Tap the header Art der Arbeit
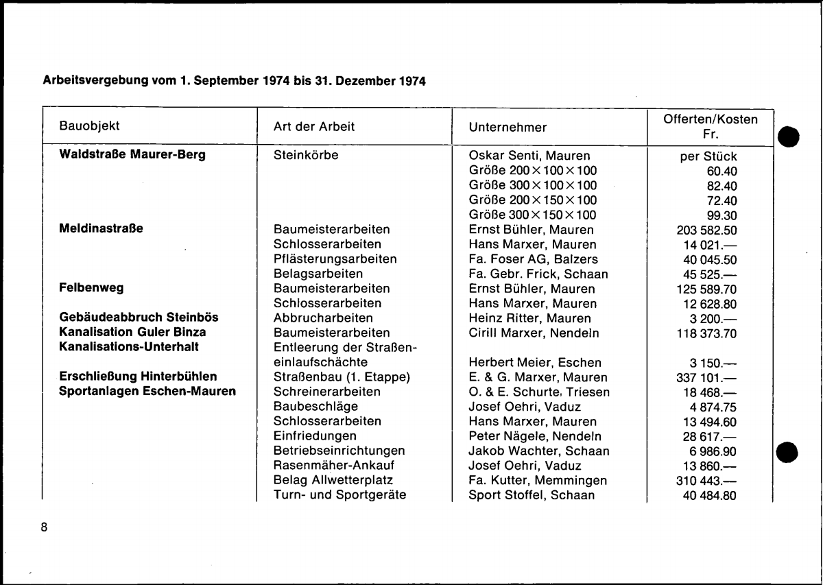pyautogui.click(x=314, y=127)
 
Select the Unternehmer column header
pyautogui.click(x=508, y=127)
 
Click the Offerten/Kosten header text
pyautogui.click(x=710, y=119)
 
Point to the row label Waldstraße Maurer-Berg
pyautogui.click(x=132, y=155)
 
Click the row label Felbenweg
pyautogui.click(x=91, y=288)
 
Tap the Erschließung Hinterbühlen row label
pyautogui.click(x=139, y=377)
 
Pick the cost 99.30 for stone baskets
pyautogui.click(x=721, y=215)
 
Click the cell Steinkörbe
pyautogui.click(x=305, y=156)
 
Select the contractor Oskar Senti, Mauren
pyautogui.click(x=529, y=156)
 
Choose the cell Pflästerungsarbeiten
pyautogui.click(x=335, y=259)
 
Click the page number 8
pyautogui.click(x=45, y=527)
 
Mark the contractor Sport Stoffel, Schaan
pyautogui.click(x=532, y=495)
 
